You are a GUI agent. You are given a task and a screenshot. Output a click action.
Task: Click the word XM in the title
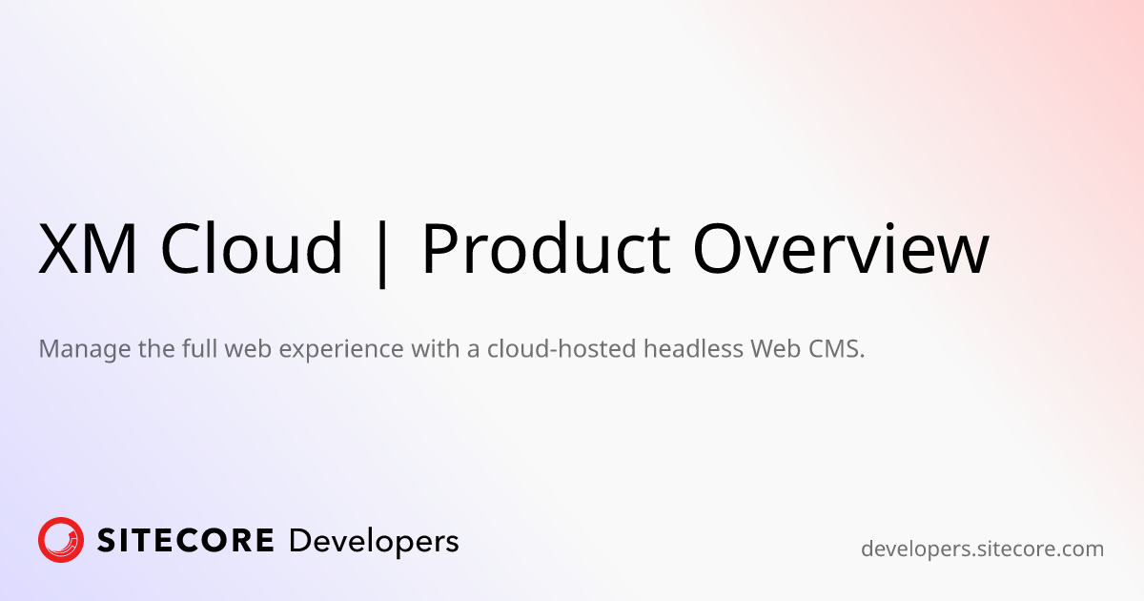click(88, 249)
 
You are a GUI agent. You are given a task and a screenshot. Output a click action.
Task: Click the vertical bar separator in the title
click(381, 254)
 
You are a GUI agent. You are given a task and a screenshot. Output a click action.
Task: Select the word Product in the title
click(545, 247)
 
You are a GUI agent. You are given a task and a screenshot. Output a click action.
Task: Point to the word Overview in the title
click(841, 248)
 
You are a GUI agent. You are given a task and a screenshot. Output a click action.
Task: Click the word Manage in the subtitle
click(85, 350)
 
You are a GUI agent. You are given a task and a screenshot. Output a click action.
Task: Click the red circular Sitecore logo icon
click(61, 540)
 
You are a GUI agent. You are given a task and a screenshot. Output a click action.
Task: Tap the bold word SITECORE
click(185, 541)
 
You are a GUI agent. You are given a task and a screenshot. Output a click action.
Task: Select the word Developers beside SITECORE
click(374, 542)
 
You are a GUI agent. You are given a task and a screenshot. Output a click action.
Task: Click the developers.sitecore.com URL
click(982, 549)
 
